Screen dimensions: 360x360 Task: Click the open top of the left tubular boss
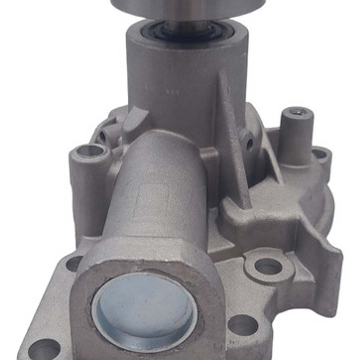coord(90,151)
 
